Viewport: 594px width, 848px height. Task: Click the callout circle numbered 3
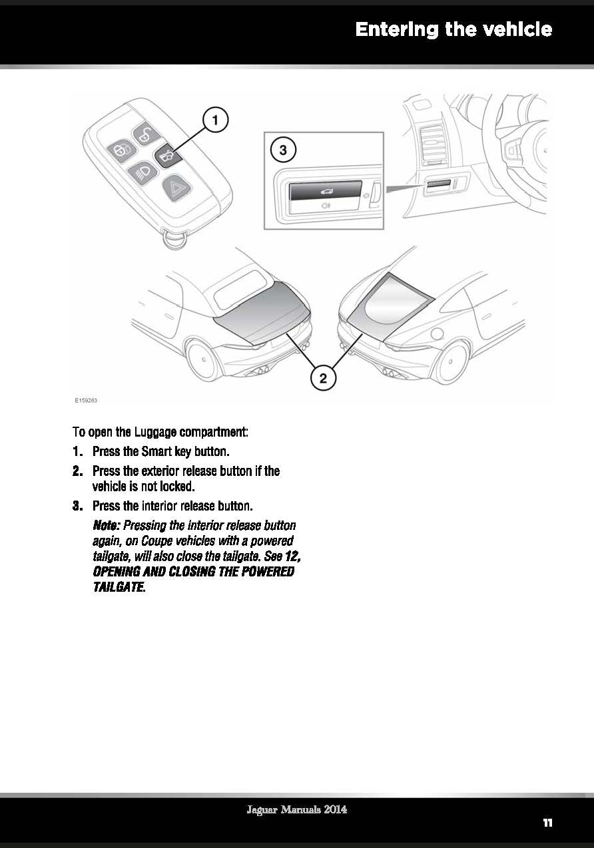[x=283, y=150]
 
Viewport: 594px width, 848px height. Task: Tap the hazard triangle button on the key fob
[x=176, y=187]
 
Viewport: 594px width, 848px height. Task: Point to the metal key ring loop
[x=174, y=240]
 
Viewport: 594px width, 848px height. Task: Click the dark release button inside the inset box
[x=325, y=191]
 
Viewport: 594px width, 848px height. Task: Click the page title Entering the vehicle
[x=453, y=30]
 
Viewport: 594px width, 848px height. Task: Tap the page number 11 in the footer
[x=547, y=823]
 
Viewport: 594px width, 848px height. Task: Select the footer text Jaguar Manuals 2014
[x=296, y=810]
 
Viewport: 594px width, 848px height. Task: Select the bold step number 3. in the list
[x=80, y=505]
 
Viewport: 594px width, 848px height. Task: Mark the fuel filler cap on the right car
[x=436, y=333]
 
